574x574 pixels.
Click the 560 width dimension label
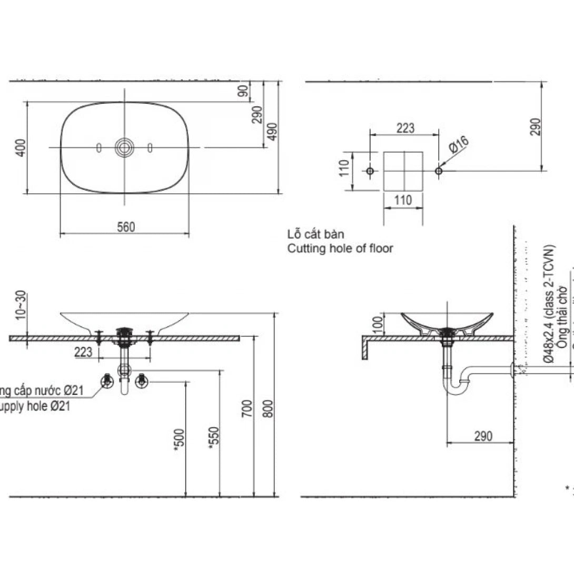pyautogui.click(x=126, y=227)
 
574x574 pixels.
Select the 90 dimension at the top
pyautogui.click(x=243, y=91)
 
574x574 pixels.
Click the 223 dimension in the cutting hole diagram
pyautogui.click(x=405, y=128)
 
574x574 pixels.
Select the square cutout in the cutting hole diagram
pyautogui.click(x=403, y=171)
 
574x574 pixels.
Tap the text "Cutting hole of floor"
pyautogui.click(x=340, y=249)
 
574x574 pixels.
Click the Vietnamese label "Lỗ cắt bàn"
pyautogui.click(x=315, y=234)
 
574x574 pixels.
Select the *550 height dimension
pyautogui.click(x=213, y=437)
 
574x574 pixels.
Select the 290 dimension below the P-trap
pyautogui.click(x=482, y=436)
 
